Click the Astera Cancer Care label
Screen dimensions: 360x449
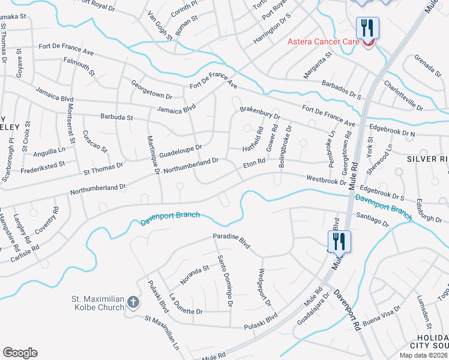323,41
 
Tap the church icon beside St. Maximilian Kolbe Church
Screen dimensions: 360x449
133,304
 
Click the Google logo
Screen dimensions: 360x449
20,353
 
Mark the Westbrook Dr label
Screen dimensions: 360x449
326,179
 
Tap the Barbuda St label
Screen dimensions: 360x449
116,118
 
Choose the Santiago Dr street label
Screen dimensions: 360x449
373,221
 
